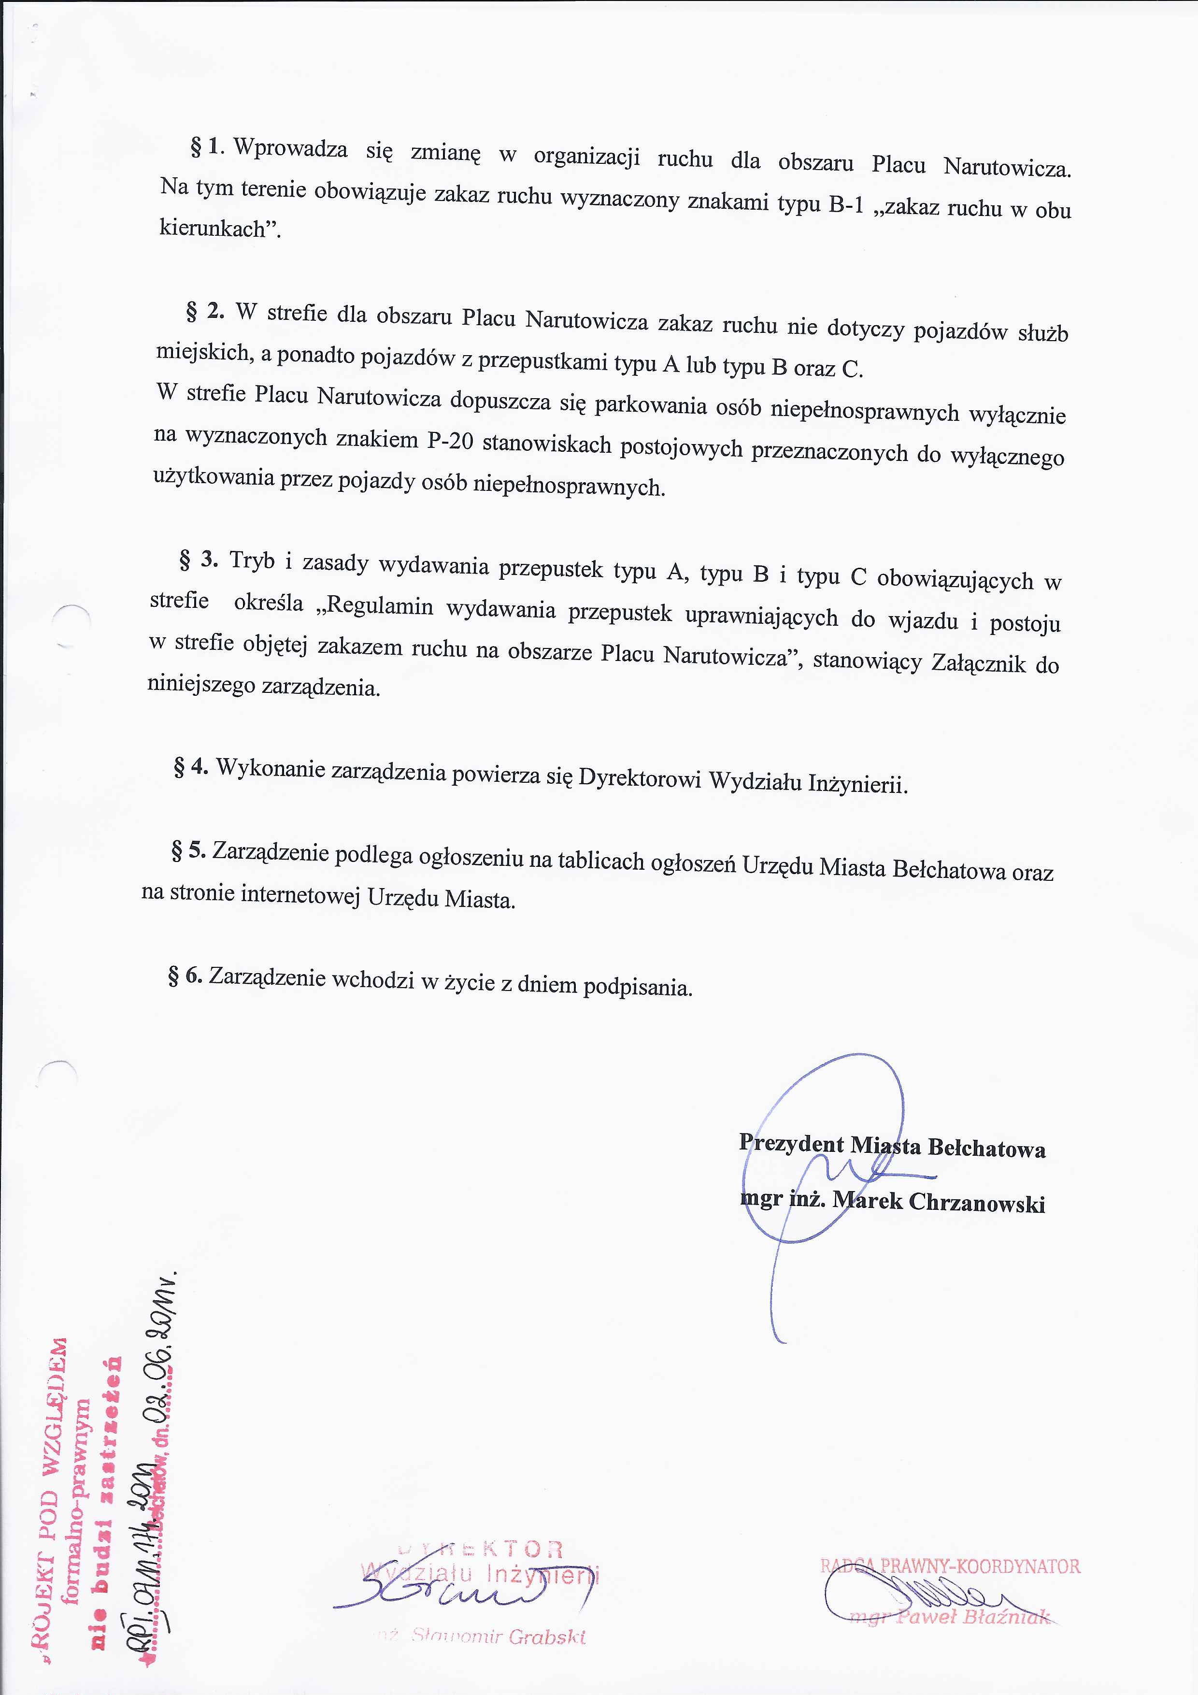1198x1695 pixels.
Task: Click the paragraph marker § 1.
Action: [207, 146]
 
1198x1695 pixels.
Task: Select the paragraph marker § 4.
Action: [190, 767]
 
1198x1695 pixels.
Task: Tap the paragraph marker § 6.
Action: [185, 976]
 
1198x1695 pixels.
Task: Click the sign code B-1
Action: [846, 204]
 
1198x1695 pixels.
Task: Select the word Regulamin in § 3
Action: [376, 604]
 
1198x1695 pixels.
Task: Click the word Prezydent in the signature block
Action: [791, 1143]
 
